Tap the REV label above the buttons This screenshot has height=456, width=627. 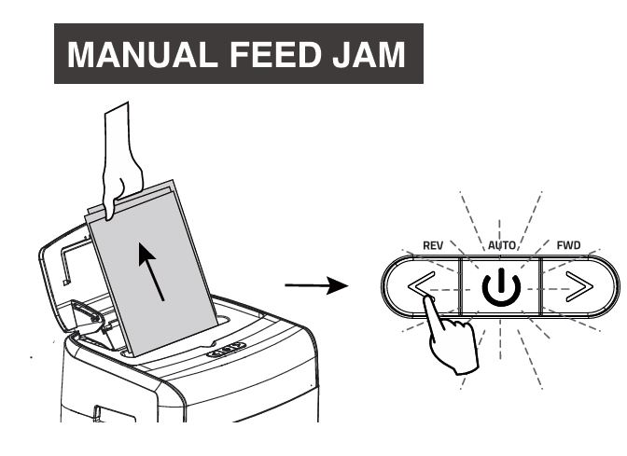point(433,245)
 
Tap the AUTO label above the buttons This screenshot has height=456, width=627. point(501,244)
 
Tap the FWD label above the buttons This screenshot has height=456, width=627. point(568,245)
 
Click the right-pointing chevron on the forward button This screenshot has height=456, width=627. point(579,287)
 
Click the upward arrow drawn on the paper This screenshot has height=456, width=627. point(153,270)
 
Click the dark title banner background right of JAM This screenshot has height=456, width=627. point(415,55)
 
